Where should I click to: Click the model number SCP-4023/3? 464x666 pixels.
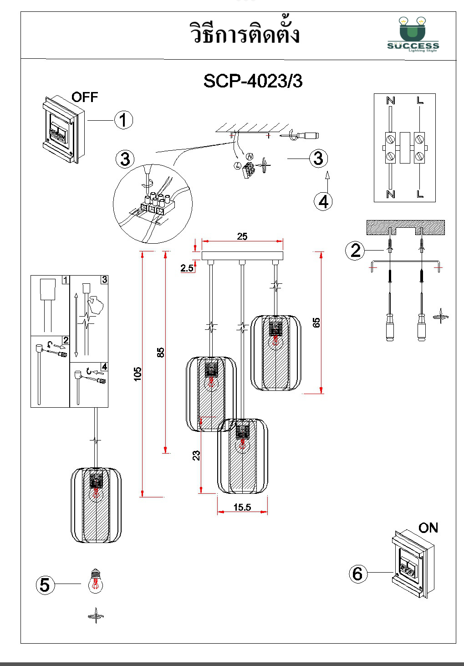pyautogui.click(x=253, y=81)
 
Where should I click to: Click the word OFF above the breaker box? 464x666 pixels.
pyautogui.click(x=85, y=97)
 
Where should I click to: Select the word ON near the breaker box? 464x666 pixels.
pyautogui.click(x=428, y=528)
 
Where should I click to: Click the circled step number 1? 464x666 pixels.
pyautogui.click(x=123, y=120)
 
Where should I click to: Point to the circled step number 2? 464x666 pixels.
pyautogui.click(x=356, y=251)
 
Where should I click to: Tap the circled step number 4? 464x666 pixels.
pyautogui.click(x=323, y=201)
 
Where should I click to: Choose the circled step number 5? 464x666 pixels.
pyautogui.click(x=45, y=585)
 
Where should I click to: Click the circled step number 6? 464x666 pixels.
pyautogui.click(x=358, y=574)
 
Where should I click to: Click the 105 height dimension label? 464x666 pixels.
pyautogui.click(x=138, y=374)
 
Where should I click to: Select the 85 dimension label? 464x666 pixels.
pyautogui.click(x=160, y=352)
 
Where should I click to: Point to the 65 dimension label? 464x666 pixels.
pyautogui.click(x=316, y=323)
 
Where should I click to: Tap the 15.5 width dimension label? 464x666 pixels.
pyautogui.click(x=242, y=507)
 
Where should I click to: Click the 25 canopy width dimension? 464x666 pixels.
pyautogui.click(x=242, y=236)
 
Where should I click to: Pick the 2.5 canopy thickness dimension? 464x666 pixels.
pyautogui.click(x=187, y=268)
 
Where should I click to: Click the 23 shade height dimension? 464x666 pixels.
pyautogui.click(x=196, y=456)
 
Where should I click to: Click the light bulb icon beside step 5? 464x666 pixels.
pyautogui.click(x=96, y=581)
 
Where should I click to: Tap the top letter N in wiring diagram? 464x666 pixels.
pyautogui.click(x=391, y=100)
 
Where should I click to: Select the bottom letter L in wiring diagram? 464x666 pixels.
pyautogui.click(x=420, y=194)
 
